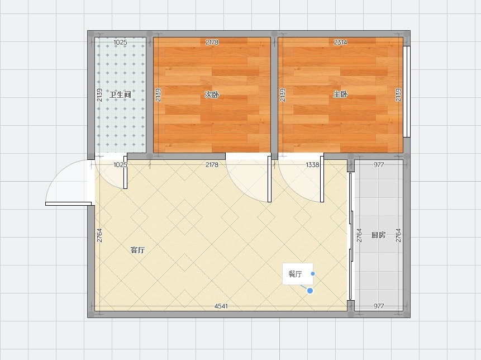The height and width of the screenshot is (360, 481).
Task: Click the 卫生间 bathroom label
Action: pos(120,94)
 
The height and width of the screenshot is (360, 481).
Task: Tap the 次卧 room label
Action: pos(212,94)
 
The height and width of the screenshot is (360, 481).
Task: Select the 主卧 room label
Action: pos(340,94)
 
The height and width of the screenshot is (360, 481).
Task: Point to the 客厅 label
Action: pos(137,250)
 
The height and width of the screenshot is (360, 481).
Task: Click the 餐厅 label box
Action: pos(298,274)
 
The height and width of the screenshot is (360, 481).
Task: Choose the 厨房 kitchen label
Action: pos(378,235)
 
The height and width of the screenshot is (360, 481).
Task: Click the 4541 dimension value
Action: pos(221,306)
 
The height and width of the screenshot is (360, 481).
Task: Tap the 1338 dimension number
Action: pos(312,165)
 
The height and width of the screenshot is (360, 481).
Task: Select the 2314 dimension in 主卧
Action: pos(340,42)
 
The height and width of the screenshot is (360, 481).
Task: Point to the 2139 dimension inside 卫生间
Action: pos(99,95)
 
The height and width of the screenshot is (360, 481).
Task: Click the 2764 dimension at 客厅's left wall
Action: pos(99,235)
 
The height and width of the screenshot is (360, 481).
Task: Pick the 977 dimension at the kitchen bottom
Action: pos(379,306)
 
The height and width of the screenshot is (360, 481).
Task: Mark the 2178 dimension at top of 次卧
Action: pos(212,42)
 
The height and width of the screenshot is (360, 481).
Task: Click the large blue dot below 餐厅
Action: pos(310,291)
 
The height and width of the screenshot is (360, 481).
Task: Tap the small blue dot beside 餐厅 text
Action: pos(313,273)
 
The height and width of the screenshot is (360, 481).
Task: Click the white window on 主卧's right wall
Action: pos(407,92)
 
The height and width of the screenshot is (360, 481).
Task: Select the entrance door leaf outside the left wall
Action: pos(68,204)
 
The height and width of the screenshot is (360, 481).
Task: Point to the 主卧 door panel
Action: pos(322,179)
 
